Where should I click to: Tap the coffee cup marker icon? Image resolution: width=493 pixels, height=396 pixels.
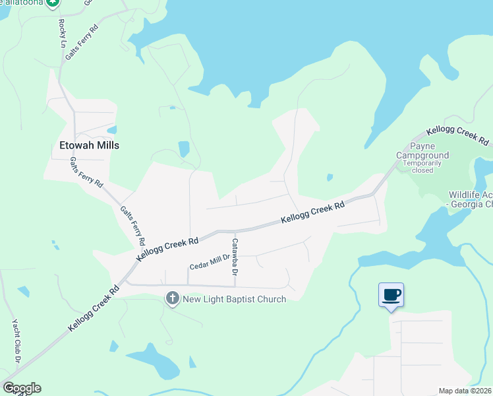(391, 295)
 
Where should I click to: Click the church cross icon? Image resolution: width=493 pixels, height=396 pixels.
(173, 298)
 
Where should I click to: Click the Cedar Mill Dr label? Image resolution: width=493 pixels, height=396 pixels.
(209, 262)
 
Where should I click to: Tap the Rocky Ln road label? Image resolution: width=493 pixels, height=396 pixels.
(63, 31)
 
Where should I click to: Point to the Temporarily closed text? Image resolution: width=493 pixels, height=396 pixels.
(422, 166)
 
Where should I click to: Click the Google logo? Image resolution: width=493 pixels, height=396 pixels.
(21, 388)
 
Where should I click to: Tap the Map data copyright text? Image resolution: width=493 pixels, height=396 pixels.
(465, 391)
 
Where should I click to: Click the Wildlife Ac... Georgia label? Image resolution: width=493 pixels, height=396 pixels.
(471, 199)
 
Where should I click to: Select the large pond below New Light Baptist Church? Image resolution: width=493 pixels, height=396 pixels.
(152, 362)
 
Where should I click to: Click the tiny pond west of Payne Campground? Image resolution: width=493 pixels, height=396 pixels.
(329, 177)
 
